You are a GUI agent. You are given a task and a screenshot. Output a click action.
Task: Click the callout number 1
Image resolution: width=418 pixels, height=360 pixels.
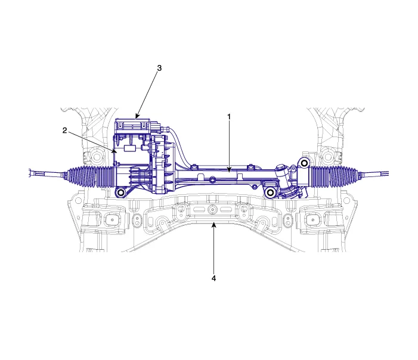point(229,117)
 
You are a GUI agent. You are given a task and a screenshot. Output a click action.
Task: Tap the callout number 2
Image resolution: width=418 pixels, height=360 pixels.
point(64,131)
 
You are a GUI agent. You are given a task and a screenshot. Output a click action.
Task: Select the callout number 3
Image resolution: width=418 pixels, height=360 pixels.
point(159,68)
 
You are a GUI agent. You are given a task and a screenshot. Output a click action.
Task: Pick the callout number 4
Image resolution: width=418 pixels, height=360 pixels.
point(213,278)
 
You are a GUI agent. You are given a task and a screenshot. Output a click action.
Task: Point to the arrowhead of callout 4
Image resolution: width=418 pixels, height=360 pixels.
point(213,225)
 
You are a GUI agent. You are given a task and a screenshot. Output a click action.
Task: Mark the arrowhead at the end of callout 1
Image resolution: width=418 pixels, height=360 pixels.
point(229,169)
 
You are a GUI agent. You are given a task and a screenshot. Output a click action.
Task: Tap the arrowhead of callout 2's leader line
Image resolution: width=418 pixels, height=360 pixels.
point(115,151)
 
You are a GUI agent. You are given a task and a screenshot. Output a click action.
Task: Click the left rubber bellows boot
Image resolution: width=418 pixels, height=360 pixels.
point(91,176)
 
